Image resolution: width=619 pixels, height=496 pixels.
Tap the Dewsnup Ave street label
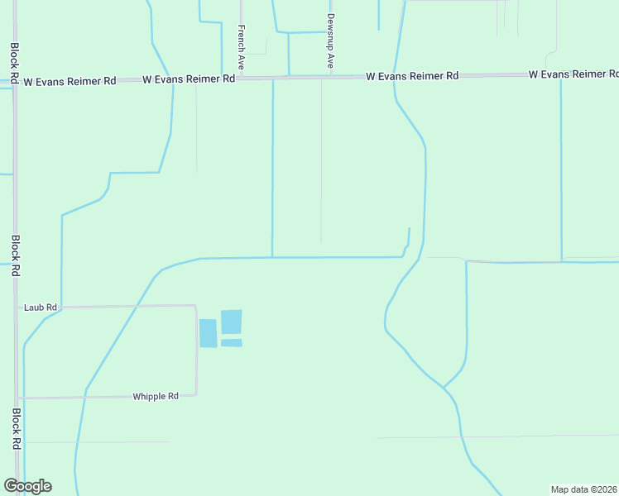click(330, 40)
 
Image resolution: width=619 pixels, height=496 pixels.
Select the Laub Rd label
click(41, 308)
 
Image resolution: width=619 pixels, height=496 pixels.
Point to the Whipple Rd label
click(156, 396)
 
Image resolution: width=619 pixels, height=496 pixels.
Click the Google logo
click(27, 486)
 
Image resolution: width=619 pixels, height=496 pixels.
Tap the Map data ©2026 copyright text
click(584, 489)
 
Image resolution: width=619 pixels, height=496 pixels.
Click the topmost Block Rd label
click(15, 63)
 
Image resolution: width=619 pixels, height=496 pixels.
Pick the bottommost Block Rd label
click(15, 428)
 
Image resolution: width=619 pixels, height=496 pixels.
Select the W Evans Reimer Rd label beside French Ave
click(189, 79)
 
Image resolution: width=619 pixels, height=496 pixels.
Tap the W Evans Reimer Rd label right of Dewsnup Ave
click(412, 76)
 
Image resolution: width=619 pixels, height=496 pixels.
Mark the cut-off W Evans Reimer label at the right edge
click(573, 74)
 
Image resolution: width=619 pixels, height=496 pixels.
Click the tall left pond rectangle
click(208, 333)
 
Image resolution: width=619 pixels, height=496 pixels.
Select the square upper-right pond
click(232, 322)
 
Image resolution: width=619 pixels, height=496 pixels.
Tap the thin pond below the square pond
click(232, 342)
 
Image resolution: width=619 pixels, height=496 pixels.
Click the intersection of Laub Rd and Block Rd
click(17, 308)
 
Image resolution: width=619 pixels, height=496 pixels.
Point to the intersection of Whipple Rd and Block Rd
click(17, 398)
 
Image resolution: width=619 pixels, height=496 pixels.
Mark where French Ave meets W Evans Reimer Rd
click(240, 79)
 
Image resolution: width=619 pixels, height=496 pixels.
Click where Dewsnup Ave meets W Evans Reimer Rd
click(330, 76)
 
